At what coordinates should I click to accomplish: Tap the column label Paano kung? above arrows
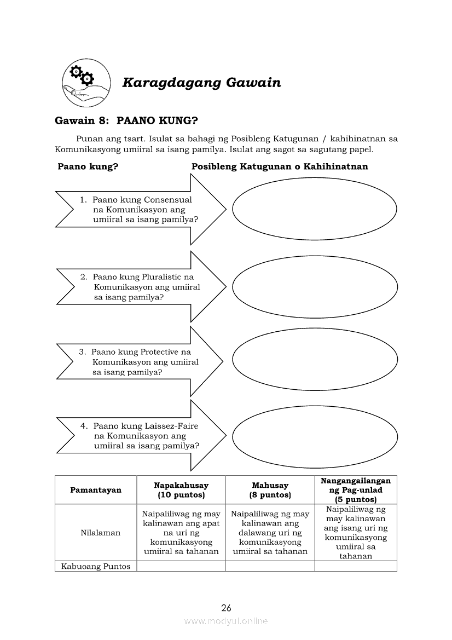[88, 166]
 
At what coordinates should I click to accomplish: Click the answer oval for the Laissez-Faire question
[315, 436]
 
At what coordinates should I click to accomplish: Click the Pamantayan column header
[96, 490]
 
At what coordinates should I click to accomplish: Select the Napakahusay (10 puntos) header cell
[181, 490]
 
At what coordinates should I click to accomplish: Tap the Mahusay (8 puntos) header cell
[270, 490]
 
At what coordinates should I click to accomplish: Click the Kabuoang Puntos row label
[96, 567]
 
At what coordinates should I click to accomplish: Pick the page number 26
[227, 608]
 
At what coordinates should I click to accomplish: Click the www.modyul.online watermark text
[226, 621]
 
